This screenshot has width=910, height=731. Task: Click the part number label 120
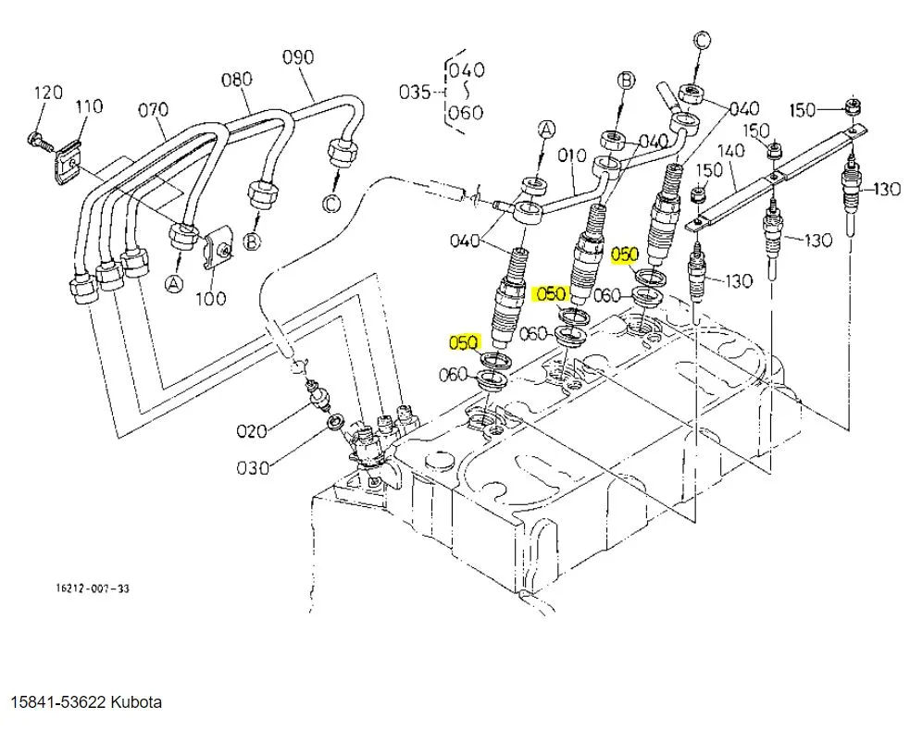coord(49,93)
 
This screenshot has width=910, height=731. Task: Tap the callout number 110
coord(90,106)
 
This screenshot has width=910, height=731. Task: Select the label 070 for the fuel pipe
coord(154,109)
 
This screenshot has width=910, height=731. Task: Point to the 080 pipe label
coord(237,79)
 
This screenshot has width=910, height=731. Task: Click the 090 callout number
coord(298,56)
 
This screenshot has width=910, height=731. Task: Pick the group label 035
coord(415,92)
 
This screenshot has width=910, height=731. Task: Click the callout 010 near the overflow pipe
coord(572,155)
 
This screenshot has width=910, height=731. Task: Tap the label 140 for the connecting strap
coord(730,150)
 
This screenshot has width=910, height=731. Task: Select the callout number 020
coord(252,431)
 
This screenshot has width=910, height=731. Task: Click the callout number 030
coord(253,467)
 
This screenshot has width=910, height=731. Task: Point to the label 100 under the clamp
coord(211,298)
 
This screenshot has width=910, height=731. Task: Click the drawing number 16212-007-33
coord(93,589)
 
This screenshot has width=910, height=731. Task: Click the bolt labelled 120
coord(40,141)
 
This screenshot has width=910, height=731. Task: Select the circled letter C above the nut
coord(702,41)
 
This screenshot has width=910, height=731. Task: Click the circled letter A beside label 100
coord(173,284)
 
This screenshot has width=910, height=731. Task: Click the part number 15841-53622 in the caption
coord(58,702)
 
